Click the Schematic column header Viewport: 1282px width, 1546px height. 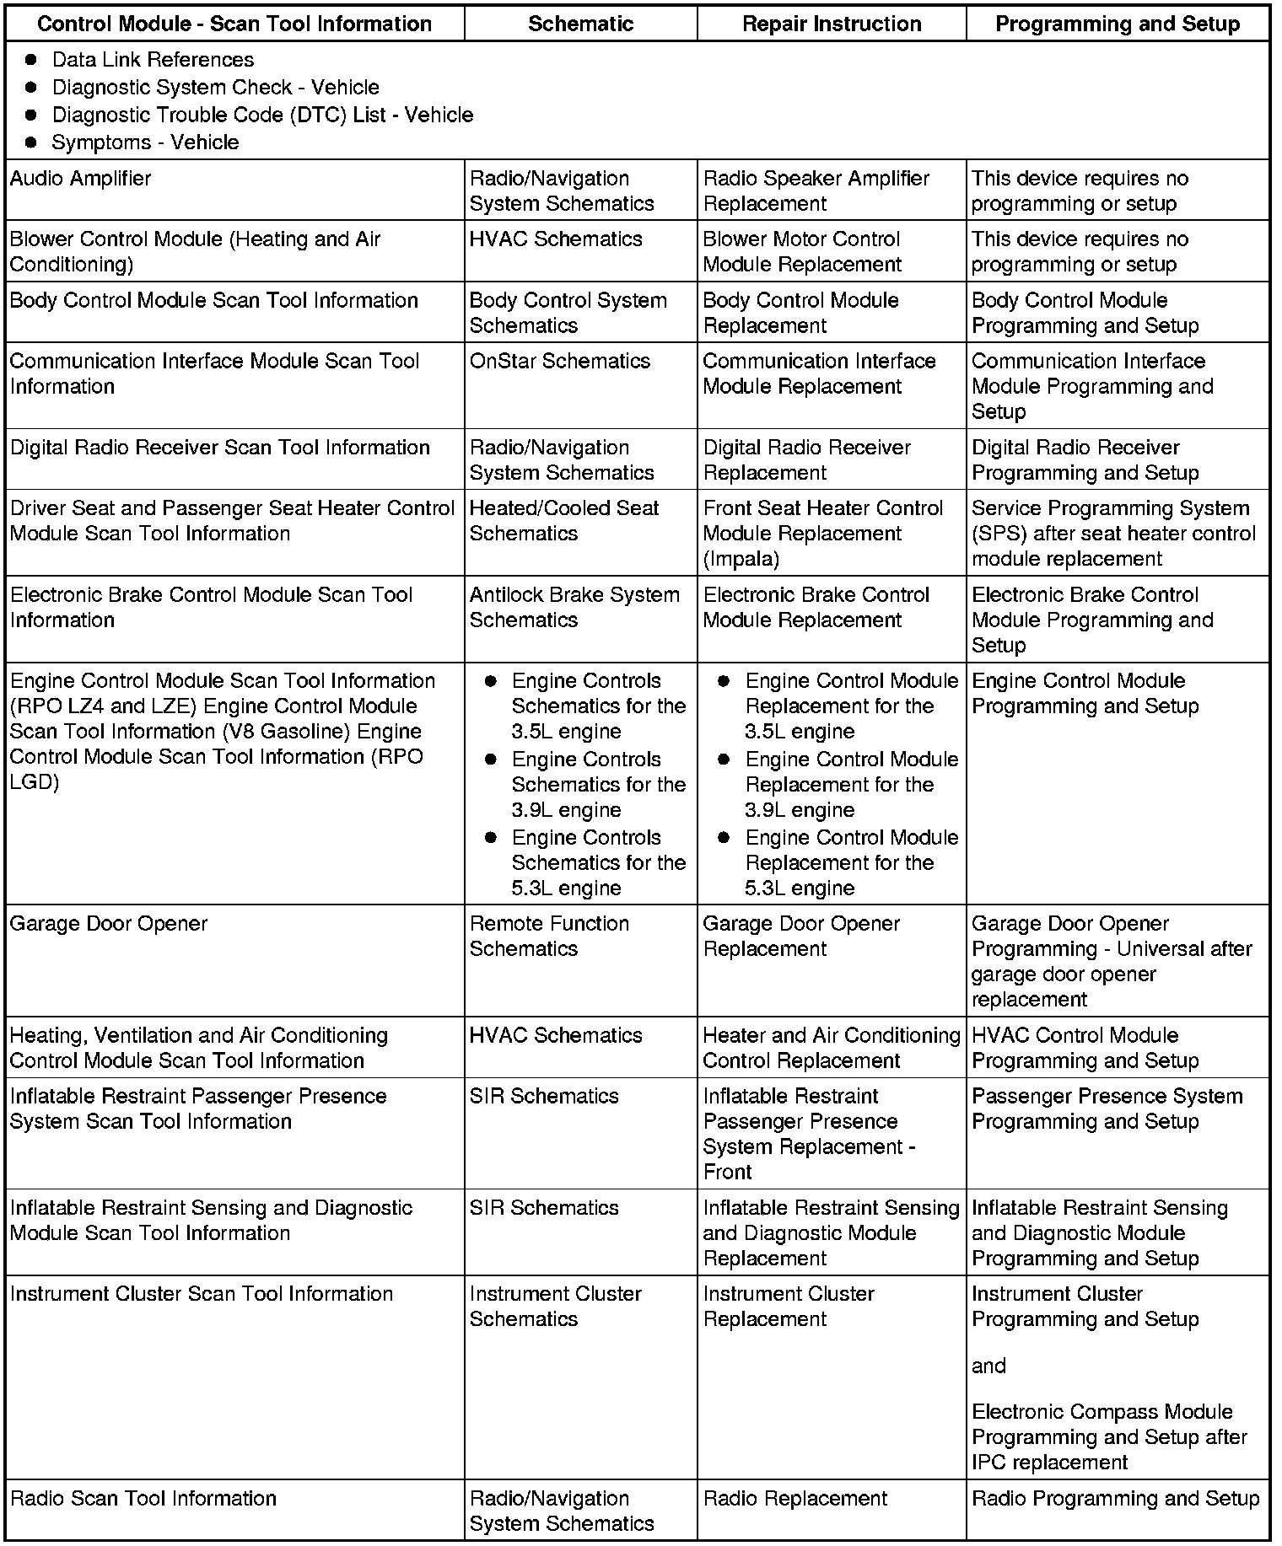click(580, 24)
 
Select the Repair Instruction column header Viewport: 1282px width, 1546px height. click(832, 24)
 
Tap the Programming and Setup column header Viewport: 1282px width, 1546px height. click(1118, 24)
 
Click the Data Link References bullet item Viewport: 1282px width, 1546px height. click(153, 60)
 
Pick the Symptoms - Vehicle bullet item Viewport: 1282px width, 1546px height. click(145, 142)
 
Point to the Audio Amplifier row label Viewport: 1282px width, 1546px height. click(80, 179)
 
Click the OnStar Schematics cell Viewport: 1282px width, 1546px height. click(560, 362)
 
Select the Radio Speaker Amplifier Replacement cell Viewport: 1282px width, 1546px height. click(816, 191)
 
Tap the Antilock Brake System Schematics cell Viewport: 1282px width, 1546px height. click(574, 607)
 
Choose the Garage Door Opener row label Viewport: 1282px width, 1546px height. click(108, 924)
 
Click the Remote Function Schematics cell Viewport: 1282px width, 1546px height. click(549, 937)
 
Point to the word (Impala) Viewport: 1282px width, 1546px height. click(741, 559)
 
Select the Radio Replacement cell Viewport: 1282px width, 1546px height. click(795, 1499)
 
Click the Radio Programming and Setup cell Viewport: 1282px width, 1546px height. click(1115, 1499)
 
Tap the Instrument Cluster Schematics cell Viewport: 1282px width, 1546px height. click(555, 1307)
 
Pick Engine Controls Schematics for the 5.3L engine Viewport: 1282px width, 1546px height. click(597, 862)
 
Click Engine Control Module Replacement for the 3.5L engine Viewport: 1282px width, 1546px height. click(850, 706)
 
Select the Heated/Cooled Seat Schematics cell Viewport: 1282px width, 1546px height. click(563, 521)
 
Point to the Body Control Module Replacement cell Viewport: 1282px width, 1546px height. click(800, 313)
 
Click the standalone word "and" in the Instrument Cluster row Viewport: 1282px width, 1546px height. click(988, 1366)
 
